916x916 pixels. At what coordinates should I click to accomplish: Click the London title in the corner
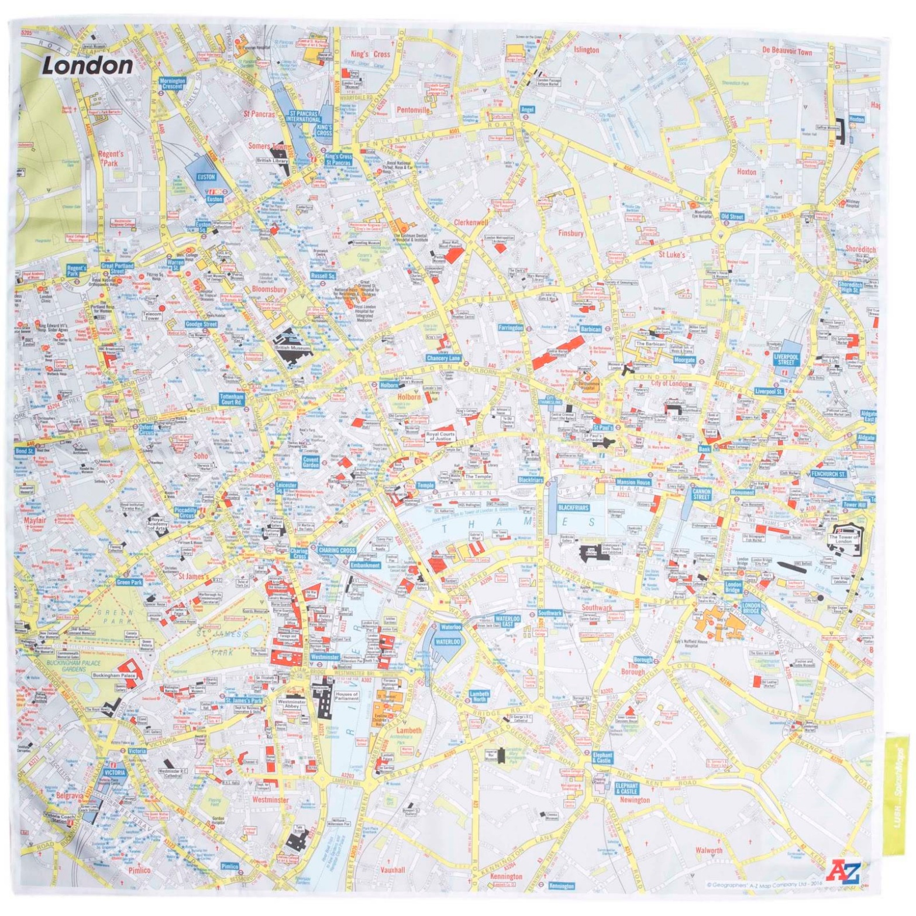click(88, 65)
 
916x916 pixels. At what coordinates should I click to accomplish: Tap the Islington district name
click(586, 50)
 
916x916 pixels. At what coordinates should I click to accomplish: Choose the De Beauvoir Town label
click(787, 51)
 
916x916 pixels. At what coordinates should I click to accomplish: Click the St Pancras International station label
click(303, 116)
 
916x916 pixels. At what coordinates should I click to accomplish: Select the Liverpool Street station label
click(786, 359)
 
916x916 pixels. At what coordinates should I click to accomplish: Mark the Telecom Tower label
click(152, 316)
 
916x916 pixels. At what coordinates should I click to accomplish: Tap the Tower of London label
click(843, 539)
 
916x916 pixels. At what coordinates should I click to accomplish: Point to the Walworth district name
click(709, 850)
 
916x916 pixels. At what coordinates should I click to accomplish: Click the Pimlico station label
click(230, 866)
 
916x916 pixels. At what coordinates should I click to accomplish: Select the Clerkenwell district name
click(471, 222)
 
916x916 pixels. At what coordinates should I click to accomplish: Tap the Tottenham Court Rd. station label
click(232, 399)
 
